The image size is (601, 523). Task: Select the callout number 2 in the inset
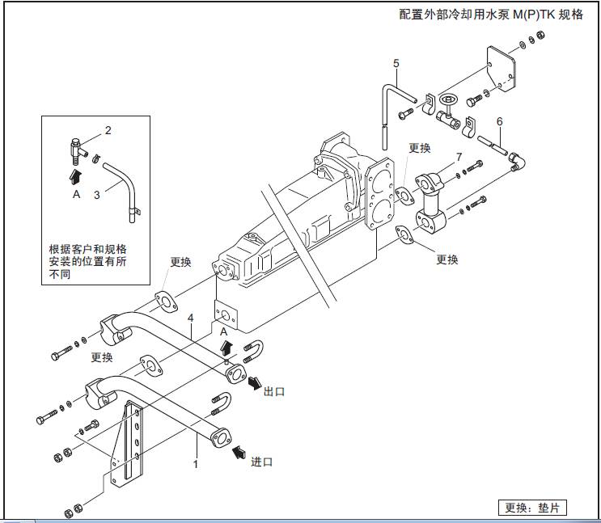(x=108, y=129)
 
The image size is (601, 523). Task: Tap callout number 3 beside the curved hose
(x=96, y=194)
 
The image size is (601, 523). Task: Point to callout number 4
(x=190, y=318)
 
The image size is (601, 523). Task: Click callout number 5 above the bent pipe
(x=396, y=63)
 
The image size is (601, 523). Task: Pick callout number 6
(x=500, y=122)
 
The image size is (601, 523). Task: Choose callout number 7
(x=459, y=156)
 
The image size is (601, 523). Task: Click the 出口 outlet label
(x=274, y=391)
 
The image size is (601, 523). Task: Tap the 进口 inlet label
(x=261, y=462)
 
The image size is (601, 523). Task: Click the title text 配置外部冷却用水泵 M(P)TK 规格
(x=491, y=15)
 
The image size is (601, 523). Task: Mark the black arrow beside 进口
(x=239, y=450)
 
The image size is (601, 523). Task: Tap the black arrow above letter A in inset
(x=75, y=174)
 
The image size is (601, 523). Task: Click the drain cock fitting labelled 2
(x=78, y=147)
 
